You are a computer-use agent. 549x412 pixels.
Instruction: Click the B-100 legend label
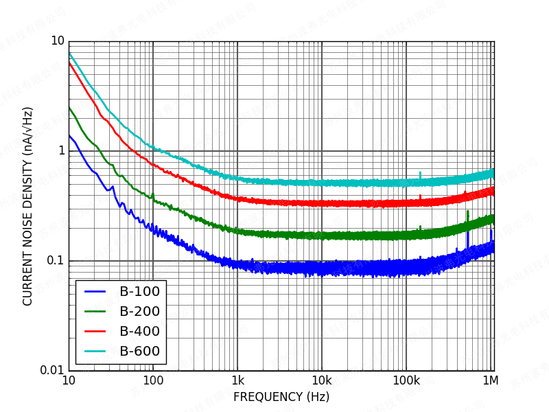139,291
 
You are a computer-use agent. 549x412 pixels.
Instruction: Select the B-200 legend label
139,311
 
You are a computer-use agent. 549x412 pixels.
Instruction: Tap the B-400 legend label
139,331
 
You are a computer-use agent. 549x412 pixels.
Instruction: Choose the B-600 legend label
139,351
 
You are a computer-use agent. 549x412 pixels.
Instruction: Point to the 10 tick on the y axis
57,41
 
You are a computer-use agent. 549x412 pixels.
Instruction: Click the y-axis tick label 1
60,150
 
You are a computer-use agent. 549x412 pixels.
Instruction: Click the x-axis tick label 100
153,380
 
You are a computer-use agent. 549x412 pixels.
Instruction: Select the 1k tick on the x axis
237,380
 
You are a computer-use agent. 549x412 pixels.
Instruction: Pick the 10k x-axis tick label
322,380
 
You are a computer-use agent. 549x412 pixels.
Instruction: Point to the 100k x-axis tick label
406,380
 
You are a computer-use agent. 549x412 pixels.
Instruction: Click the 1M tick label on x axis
490,380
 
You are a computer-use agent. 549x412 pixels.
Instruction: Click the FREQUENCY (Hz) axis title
281,397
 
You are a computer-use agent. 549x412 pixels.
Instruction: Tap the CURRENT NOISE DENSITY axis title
27,206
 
